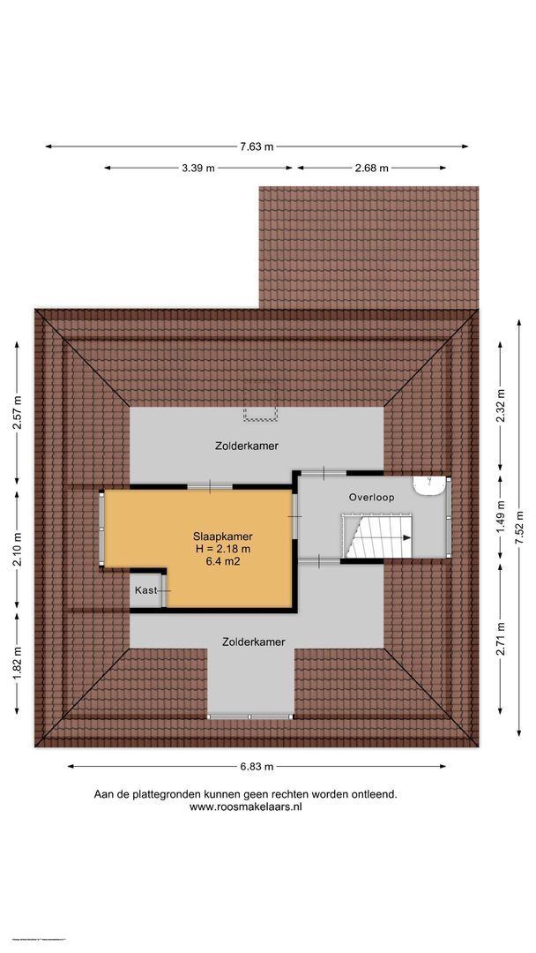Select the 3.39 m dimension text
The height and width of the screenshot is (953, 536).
coord(198,168)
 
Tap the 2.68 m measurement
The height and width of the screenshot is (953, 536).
coord(372,168)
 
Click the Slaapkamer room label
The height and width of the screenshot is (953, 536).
coord(217,536)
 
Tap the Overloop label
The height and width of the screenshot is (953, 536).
coord(371,498)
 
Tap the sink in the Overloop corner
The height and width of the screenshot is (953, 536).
coord(430,485)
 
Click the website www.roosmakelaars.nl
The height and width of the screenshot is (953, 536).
coord(246,807)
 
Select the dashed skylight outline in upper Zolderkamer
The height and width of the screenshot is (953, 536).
coord(260,413)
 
